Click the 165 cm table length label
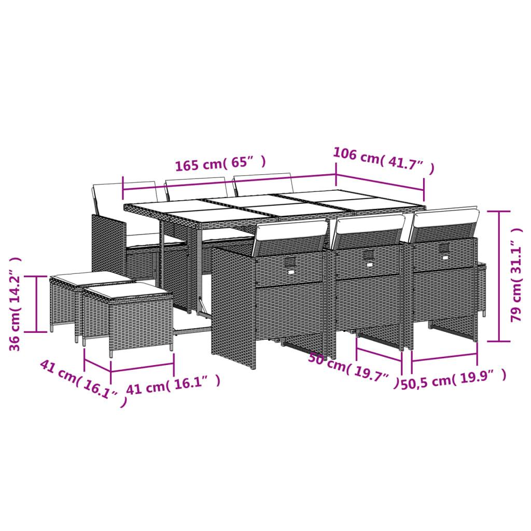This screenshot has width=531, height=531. coord(220,163)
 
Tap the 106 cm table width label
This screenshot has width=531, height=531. coord(383,160)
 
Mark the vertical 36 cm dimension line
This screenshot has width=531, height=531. coord(37,304)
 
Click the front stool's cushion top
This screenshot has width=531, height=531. coord(128,291)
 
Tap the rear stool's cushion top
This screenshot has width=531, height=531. coord(91,279)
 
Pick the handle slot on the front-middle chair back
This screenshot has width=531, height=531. coord(369,256)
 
